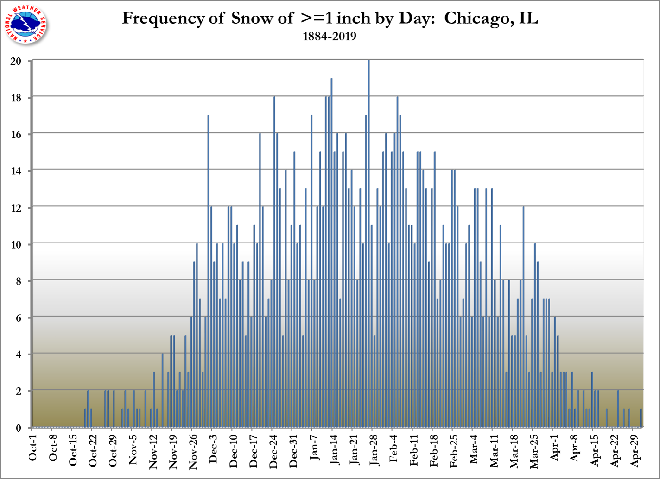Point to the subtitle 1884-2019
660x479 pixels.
tap(330, 37)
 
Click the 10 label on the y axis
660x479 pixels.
tap(16, 244)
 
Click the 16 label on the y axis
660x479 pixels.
tap(16, 134)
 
